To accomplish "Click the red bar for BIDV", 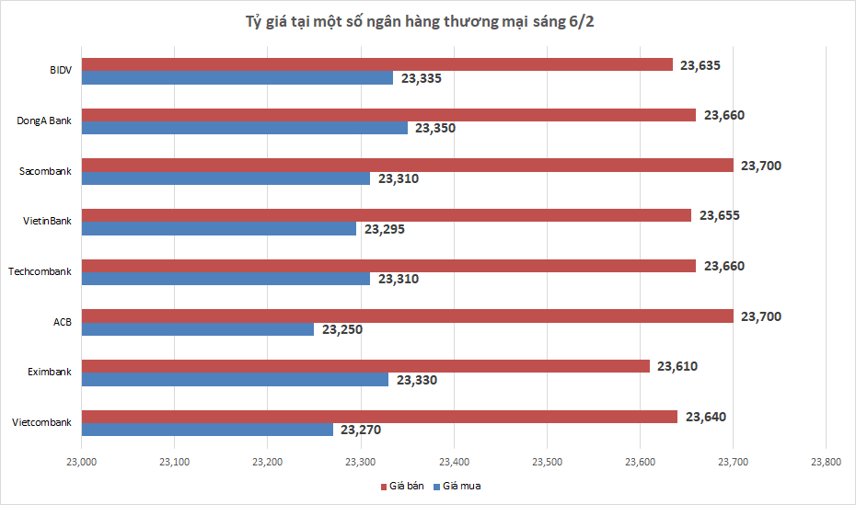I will (x=377, y=64).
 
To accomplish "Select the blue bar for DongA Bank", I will (x=245, y=128).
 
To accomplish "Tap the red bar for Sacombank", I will (x=408, y=166).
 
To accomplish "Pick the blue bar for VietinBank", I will (x=219, y=228).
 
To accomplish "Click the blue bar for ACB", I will (x=198, y=329).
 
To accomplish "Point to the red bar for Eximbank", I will (x=366, y=366).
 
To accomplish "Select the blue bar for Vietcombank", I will (x=207, y=430).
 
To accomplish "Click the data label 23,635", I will (x=700, y=65).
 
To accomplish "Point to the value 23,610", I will (x=677, y=366).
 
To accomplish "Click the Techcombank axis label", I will (x=40, y=271).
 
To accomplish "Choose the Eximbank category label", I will (x=47, y=372).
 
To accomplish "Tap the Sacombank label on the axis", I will (x=45, y=171).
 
